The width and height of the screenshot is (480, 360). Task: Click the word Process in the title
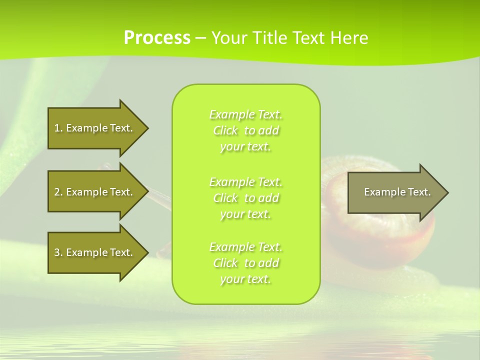click(x=157, y=38)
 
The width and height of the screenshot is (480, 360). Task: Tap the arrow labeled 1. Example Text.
click(x=95, y=128)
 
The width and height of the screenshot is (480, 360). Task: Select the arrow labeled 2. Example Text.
click(x=95, y=192)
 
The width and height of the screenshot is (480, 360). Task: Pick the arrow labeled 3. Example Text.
click(x=95, y=252)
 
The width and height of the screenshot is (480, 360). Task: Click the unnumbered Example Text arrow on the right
click(x=395, y=192)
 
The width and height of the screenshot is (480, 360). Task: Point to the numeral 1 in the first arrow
click(x=57, y=128)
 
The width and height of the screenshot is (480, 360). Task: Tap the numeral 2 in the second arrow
click(x=57, y=192)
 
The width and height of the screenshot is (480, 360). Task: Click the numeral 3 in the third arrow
click(x=57, y=252)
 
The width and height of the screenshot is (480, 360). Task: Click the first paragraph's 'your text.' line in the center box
click(x=245, y=147)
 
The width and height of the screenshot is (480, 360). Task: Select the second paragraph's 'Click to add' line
click(x=245, y=198)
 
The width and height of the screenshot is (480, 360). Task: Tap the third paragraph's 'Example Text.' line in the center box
click(x=245, y=247)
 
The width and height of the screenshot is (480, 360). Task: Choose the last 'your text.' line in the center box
click(x=245, y=279)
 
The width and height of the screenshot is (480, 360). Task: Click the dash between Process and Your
click(x=200, y=38)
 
